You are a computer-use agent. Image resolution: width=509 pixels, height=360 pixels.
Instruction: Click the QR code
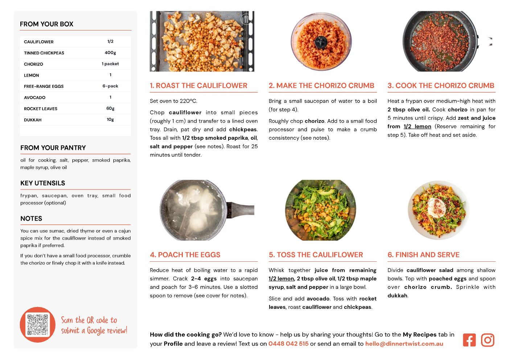(x=38, y=324)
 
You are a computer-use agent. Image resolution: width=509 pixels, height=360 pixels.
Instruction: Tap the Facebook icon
(x=469, y=340)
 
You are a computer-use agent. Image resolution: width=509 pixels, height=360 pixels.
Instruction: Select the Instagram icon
(x=488, y=340)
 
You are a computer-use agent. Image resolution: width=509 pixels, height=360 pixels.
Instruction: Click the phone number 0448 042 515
(x=288, y=344)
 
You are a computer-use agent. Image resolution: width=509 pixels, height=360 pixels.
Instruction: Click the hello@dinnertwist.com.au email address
(x=404, y=344)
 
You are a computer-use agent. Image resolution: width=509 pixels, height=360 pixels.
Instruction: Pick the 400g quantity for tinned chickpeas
(x=110, y=53)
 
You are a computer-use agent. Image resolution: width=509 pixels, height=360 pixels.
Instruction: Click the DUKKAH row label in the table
(x=33, y=120)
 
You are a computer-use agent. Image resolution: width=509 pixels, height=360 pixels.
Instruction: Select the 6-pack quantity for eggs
(x=110, y=86)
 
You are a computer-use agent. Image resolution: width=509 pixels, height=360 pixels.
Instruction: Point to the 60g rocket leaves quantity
(x=110, y=109)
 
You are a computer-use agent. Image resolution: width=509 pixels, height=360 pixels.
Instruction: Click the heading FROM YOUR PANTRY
(x=53, y=148)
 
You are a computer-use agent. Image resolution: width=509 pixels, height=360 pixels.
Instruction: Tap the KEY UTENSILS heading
(x=43, y=183)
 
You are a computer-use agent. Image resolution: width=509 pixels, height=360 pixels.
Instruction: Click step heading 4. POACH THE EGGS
(x=185, y=255)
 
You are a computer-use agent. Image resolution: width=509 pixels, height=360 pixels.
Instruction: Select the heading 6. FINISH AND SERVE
(x=423, y=255)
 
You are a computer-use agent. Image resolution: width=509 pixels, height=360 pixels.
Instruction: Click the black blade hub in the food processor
(x=321, y=42)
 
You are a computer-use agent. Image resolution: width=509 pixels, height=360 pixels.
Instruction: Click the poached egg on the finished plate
(x=437, y=208)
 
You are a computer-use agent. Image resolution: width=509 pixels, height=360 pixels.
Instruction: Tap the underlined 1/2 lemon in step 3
(x=417, y=127)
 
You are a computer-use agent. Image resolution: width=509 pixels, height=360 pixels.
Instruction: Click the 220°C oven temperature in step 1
(x=188, y=101)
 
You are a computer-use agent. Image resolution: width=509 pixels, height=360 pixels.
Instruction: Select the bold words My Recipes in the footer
(x=420, y=335)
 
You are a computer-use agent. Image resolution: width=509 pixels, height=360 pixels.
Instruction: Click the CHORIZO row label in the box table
(x=33, y=64)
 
